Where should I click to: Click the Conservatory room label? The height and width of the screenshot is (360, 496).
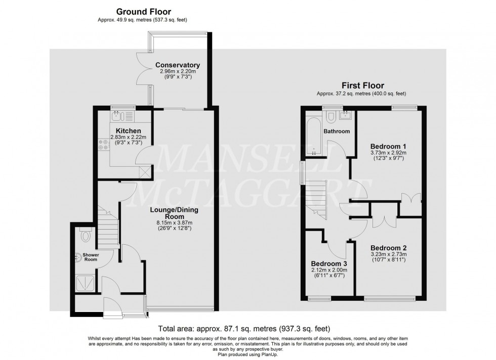click(178, 65)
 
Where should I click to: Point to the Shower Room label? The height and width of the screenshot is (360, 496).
click(92, 258)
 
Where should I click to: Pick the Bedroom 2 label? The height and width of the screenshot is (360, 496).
click(389, 248)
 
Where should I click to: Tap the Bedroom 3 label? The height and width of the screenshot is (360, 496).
click(328, 264)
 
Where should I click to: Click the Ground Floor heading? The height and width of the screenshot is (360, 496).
click(144, 11)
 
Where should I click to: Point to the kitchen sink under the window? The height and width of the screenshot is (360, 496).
click(118, 117)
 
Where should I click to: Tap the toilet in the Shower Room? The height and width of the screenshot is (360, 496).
click(85, 235)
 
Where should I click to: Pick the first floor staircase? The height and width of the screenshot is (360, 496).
click(317, 200)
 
